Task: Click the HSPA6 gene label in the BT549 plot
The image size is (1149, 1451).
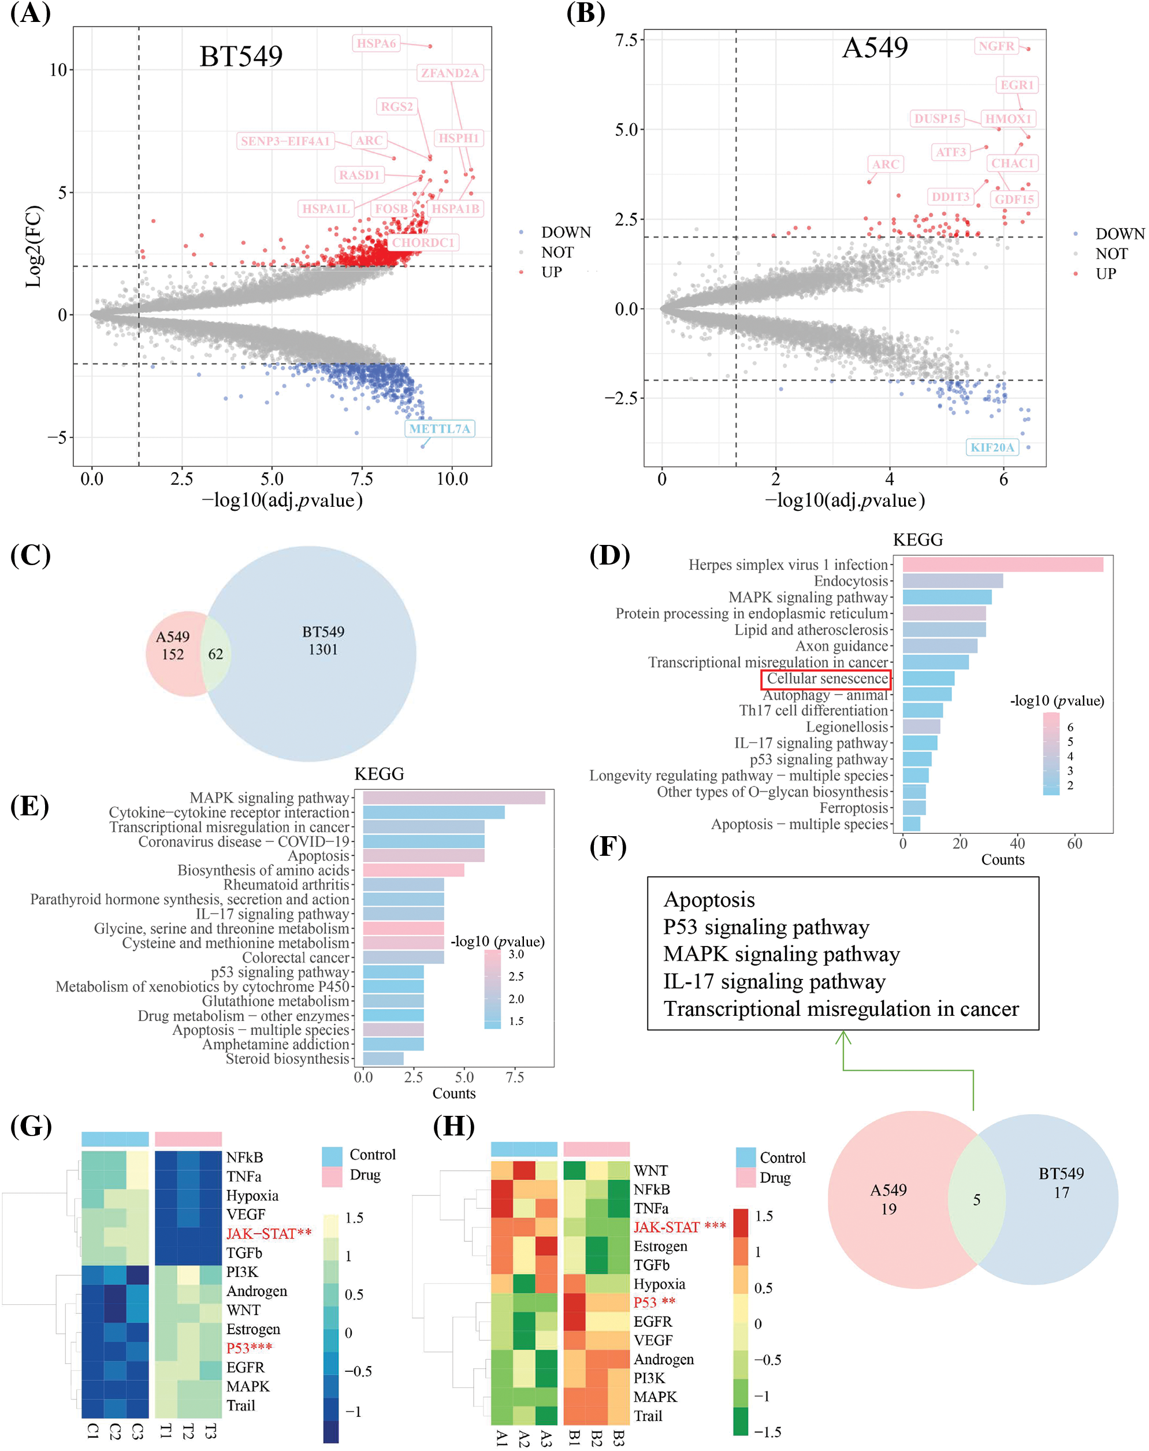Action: click(x=376, y=44)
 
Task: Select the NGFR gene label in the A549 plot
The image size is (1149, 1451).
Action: click(x=996, y=46)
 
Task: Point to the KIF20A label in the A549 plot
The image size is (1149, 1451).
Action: click(x=992, y=447)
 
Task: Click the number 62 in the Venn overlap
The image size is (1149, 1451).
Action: click(x=215, y=654)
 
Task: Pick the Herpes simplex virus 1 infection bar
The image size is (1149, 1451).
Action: click(x=1002, y=565)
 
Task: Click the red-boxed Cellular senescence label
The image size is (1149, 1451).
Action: click(x=826, y=679)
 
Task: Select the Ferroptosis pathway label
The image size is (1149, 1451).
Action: click(x=853, y=808)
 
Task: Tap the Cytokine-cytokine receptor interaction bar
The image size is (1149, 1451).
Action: click(x=433, y=812)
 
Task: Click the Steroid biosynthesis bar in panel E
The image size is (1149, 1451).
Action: click(x=383, y=1059)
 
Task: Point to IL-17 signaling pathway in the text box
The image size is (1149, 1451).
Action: click(x=774, y=982)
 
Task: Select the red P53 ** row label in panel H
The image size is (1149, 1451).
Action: click(x=654, y=1302)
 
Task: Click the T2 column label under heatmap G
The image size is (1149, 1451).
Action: click(x=188, y=1431)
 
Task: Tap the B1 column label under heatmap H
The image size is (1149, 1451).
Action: click(x=574, y=1438)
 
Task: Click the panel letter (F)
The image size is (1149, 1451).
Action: click(x=608, y=846)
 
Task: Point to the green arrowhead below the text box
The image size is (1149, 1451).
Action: click(x=843, y=1038)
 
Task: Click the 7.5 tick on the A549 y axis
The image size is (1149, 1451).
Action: click(x=626, y=40)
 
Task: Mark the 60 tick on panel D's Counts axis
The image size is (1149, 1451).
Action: click(x=1074, y=844)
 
